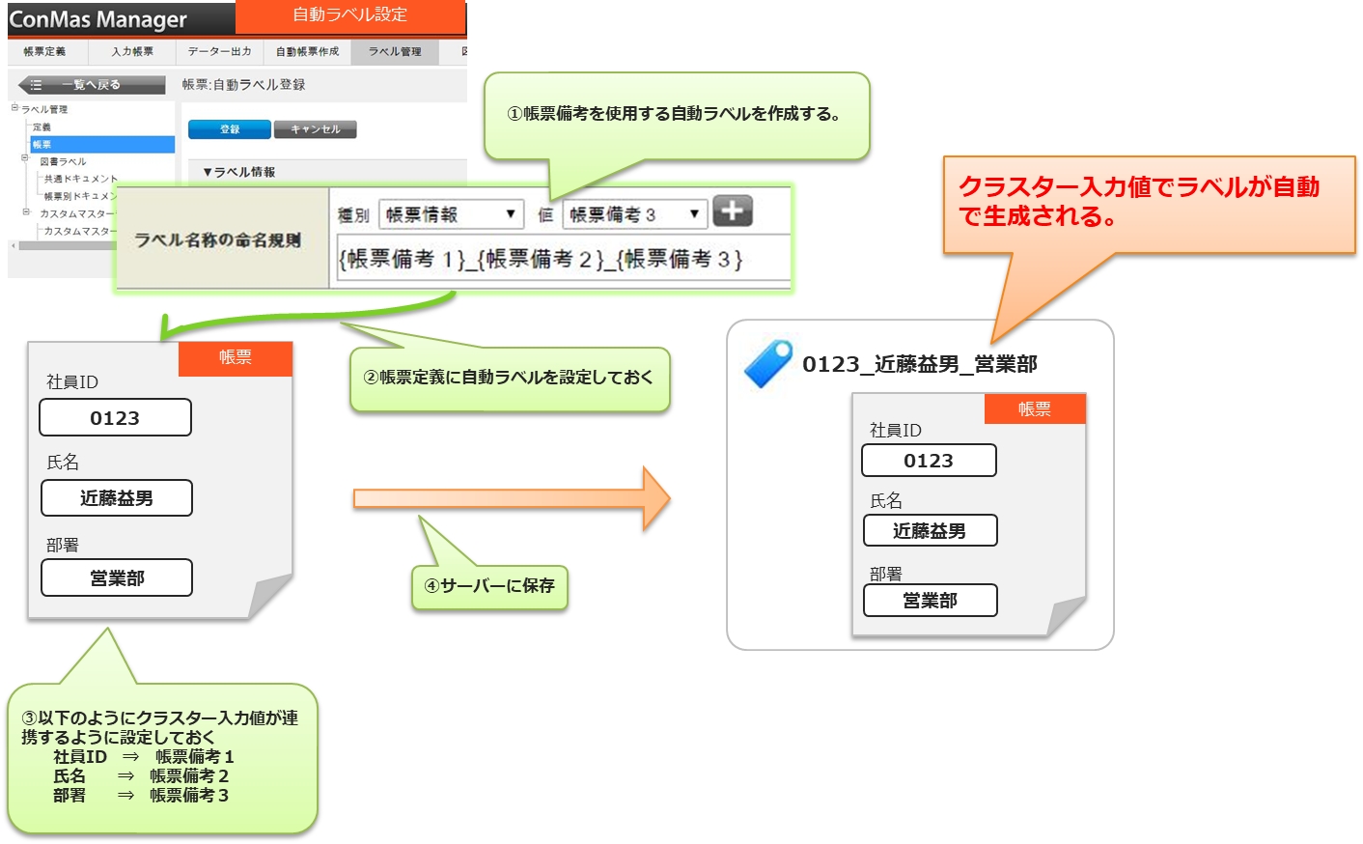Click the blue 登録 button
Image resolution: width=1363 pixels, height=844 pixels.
229,129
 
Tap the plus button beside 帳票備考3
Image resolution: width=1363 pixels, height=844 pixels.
733,211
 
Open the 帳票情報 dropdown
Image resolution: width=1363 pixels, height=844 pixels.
451,214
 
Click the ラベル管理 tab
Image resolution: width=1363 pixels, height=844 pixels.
395,51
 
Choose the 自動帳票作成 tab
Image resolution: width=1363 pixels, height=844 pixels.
307,51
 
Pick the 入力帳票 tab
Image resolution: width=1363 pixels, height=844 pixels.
132,51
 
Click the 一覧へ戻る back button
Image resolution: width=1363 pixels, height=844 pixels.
92,85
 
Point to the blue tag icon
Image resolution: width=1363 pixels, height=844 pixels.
768,364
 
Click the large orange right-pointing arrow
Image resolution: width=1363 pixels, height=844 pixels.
512,498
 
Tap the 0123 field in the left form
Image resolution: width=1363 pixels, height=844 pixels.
115,418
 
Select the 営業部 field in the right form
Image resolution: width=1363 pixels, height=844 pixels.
930,601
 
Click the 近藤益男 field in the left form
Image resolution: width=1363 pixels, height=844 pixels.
117,498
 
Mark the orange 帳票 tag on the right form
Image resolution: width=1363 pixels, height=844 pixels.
1035,409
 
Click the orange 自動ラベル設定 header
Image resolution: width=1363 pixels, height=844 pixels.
350,15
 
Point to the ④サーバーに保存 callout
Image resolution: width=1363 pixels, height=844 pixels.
489,586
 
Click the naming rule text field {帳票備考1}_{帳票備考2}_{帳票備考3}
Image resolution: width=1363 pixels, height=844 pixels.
563,259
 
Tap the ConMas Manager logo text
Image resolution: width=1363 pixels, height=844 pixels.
98,19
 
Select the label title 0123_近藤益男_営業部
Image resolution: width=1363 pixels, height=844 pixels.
920,364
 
